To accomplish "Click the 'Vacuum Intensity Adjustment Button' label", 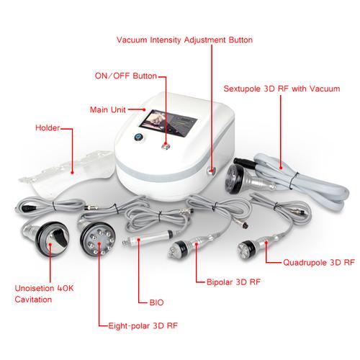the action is pos(184,40).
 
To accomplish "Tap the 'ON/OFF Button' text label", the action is pos(126,76).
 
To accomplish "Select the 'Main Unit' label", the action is pos(107,110).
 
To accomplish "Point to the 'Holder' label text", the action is pos(48,127).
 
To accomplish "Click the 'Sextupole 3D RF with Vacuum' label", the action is pos(282,89).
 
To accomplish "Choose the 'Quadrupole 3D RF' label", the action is pos(319,262).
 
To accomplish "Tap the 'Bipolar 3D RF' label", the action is pos(233,282).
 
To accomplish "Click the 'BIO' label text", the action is pos(156,302).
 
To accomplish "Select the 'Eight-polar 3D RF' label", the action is pos(143,326).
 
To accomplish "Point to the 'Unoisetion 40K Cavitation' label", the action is pos(44,294).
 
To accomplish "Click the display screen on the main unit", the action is pos(168,123).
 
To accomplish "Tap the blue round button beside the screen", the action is pos(138,137).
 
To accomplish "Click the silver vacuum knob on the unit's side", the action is pos(211,171).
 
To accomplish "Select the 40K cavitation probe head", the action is pos(52,239).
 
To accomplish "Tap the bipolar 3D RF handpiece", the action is pos(189,247).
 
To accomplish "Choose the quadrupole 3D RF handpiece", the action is pos(258,246).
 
